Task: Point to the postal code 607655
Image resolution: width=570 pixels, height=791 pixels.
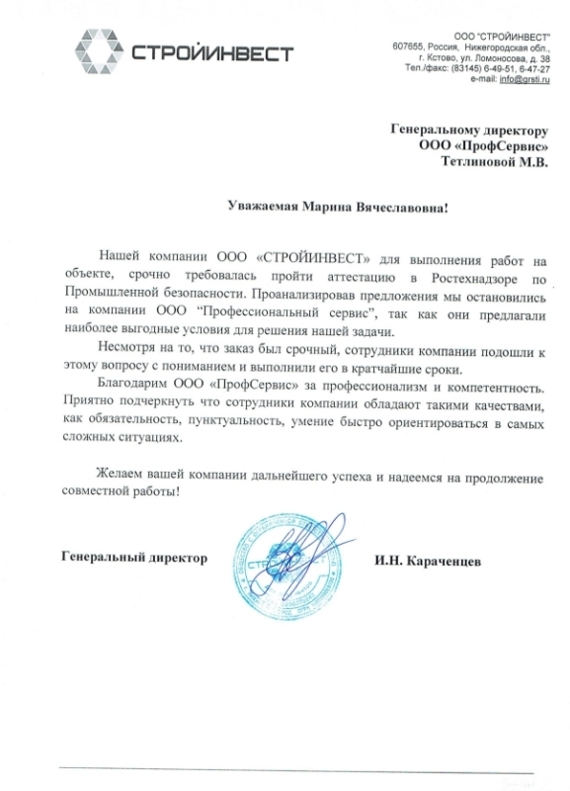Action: pos(412,47)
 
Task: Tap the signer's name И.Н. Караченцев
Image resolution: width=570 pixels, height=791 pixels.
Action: pos(428,560)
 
